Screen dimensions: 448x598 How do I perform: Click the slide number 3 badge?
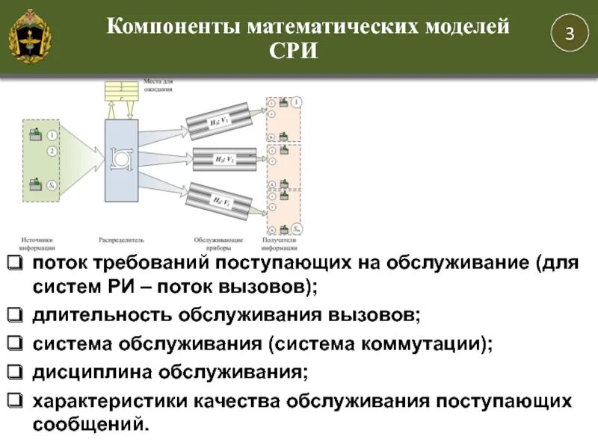click(x=569, y=34)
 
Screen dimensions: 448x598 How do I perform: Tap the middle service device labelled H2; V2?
click(x=224, y=158)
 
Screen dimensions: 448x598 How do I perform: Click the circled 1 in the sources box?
click(x=52, y=135)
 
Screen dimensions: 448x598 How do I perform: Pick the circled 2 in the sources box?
click(x=52, y=152)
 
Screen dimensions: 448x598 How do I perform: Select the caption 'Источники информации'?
click(x=36, y=243)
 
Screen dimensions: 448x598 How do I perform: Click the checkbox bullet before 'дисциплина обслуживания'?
click(x=16, y=371)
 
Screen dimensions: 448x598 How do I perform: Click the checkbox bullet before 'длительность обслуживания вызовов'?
click(x=16, y=314)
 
